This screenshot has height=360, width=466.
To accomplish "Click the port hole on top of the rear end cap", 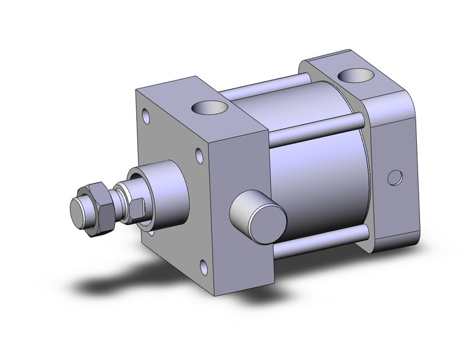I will coord(354,75).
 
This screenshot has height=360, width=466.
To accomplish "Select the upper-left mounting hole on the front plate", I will coord(147,115).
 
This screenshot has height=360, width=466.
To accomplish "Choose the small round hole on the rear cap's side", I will coord(392,179).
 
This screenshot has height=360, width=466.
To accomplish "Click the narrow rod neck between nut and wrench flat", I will coord(119,203).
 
